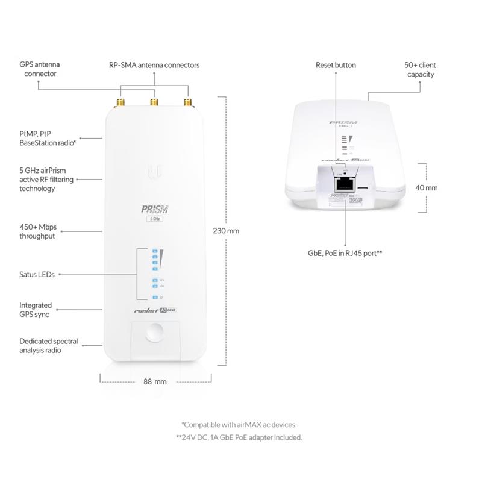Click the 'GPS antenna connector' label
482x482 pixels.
40,69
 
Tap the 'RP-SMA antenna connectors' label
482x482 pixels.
154,65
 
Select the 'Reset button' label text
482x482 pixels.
336,65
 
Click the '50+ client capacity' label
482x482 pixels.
420,69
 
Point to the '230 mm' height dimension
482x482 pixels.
226,231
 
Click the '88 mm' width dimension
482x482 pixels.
155,381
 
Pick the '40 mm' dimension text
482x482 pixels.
427,188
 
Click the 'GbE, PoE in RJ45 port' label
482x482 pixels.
346,254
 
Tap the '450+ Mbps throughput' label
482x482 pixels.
37,231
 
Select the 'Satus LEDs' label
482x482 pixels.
37,274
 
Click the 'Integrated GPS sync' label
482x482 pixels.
36,310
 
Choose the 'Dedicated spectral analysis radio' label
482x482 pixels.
40,345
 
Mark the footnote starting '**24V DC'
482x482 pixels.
239,437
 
